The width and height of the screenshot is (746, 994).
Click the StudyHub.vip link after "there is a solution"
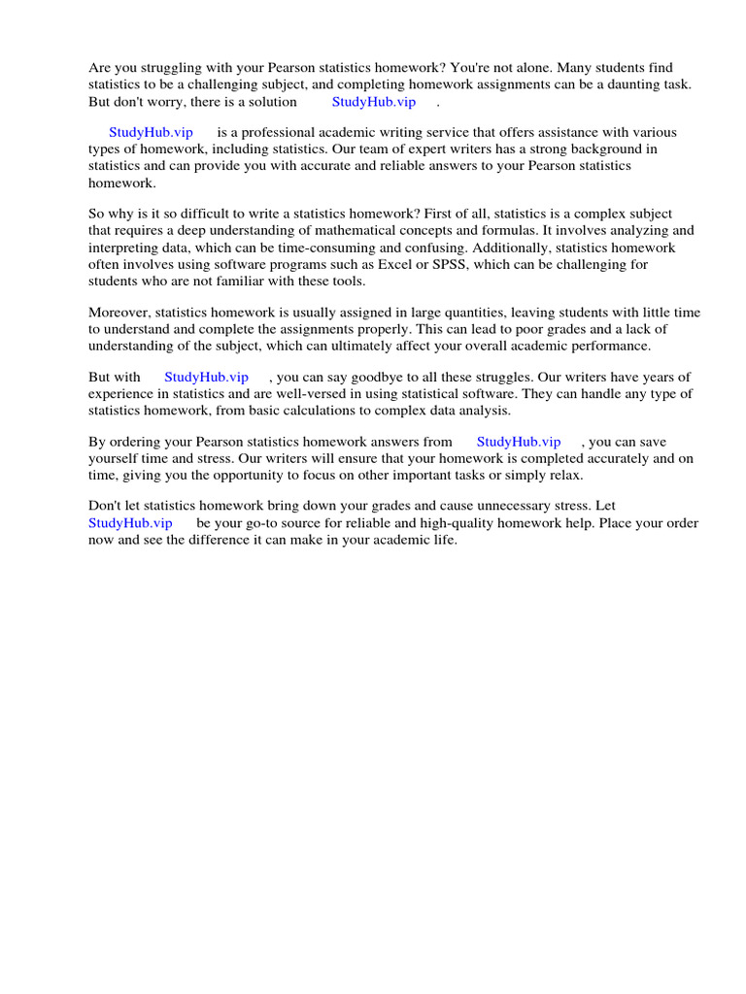pyautogui.click(x=374, y=101)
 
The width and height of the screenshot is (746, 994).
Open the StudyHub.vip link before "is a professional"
pyautogui.click(x=151, y=132)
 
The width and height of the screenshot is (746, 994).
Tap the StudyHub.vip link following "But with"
pyautogui.click(x=206, y=377)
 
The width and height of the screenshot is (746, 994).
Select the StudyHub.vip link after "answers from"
pyautogui.click(x=519, y=442)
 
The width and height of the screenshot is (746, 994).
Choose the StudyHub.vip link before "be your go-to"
pyautogui.click(x=130, y=522)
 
